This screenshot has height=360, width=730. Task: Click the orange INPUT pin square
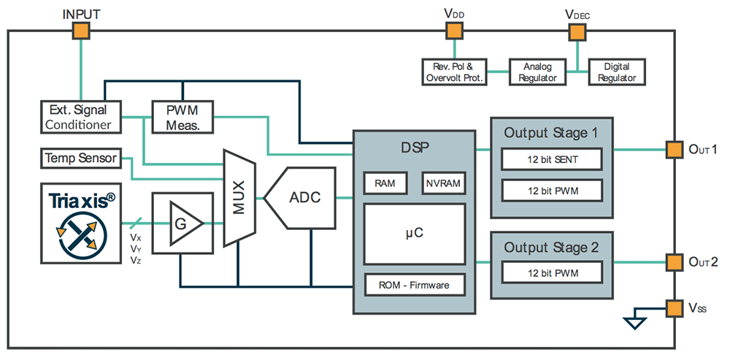coord(80,31)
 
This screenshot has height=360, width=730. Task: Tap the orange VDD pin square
coord(454,31)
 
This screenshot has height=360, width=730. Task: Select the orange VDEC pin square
coord(577,32)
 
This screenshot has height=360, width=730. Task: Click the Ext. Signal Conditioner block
coord(80,117)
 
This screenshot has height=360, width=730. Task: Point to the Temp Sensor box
coord(80,158)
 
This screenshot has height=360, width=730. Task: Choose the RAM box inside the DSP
coord(385,184)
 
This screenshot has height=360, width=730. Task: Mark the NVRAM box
coord(443,184)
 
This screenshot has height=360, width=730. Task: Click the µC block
coord(414,234)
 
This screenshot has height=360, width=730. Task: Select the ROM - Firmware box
coord(414,284)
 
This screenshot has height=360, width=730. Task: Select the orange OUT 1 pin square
coord(674,149)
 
